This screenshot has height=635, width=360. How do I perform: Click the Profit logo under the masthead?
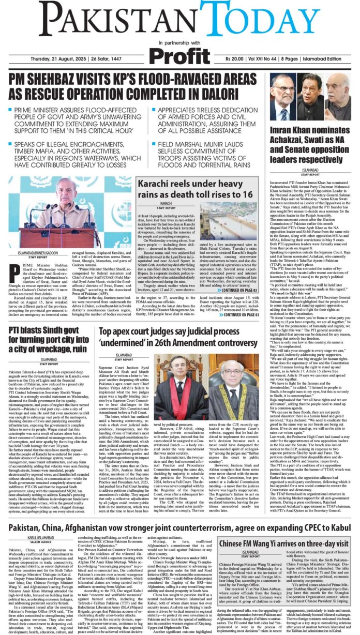[x=179, y=54]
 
